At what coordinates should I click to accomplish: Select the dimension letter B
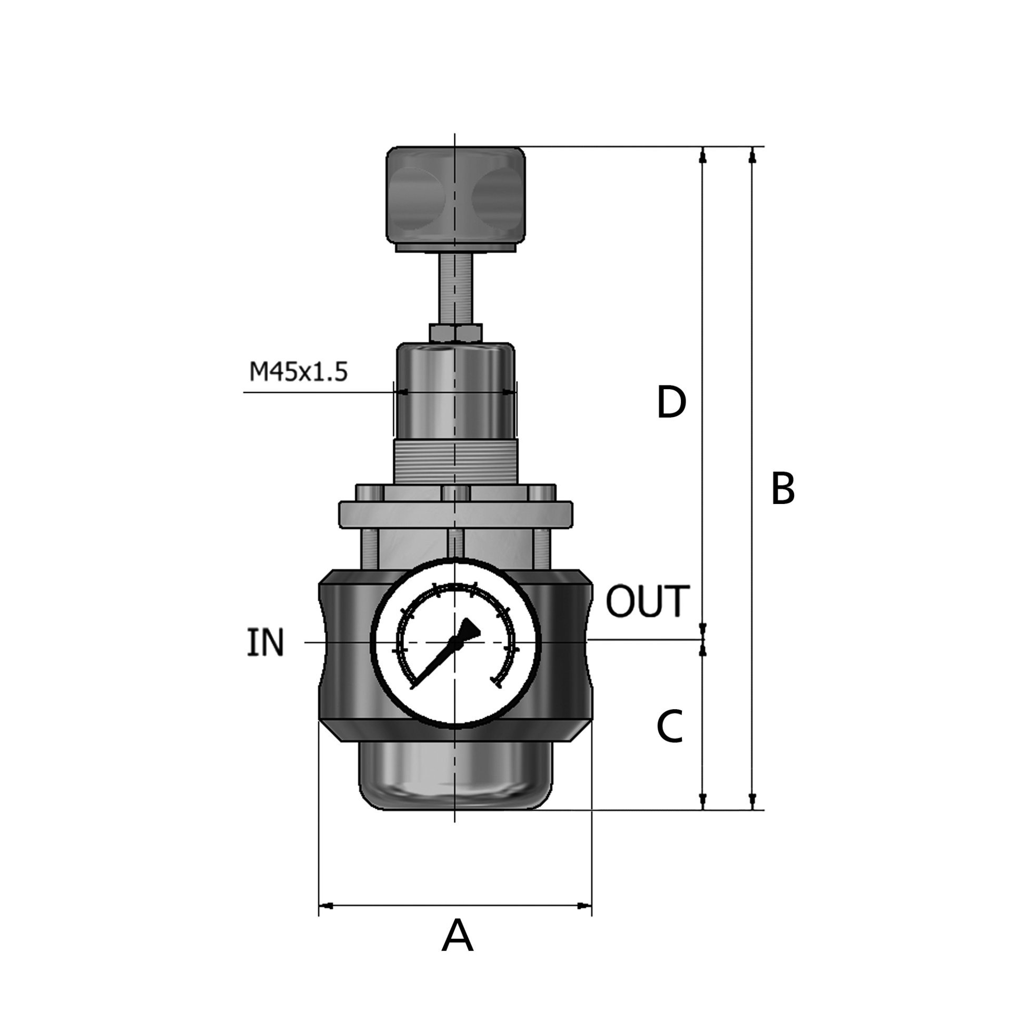pos(782,488)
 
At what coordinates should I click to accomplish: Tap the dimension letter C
pos(670,726)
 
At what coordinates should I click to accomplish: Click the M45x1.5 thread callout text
pos(298,373)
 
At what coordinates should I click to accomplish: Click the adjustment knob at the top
pos(455,199)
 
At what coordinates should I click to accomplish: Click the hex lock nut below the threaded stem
pos(455,333)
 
